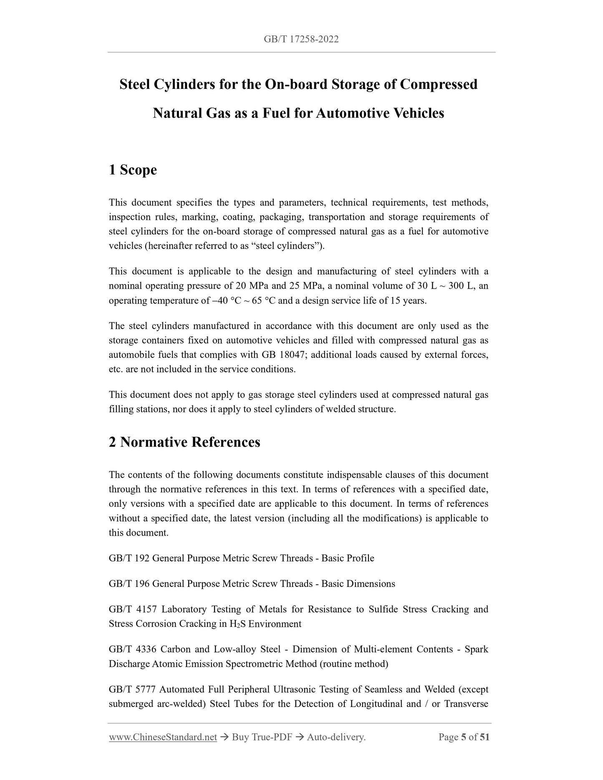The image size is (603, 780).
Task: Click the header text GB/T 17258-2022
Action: click(x=301, y=39)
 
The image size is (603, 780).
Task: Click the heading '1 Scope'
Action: click(x=133, y=170)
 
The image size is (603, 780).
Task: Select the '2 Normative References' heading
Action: click(x=184, y=442)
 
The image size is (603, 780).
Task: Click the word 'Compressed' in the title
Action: click(x=439, y=84)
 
